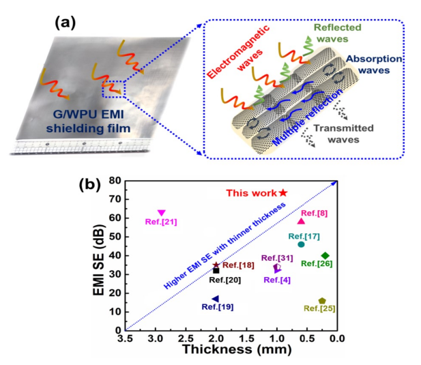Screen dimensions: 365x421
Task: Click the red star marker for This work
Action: [x=282, y=193]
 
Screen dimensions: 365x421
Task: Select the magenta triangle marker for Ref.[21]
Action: [x=162, y=213]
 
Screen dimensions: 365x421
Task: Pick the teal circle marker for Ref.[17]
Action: [x=301, y=244]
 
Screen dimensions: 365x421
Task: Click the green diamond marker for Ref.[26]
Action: [x=325, y=256]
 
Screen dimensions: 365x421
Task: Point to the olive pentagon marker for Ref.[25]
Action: [x=322, y=301]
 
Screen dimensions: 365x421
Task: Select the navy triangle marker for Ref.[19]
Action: [x=216, y=299]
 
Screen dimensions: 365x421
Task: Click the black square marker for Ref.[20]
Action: [x=216, y=270]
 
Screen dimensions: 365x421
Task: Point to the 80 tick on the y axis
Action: [x=114, y=181]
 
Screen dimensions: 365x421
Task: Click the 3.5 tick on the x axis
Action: [x=126, y=339]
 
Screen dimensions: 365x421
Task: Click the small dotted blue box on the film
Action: [x=113, y=89]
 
